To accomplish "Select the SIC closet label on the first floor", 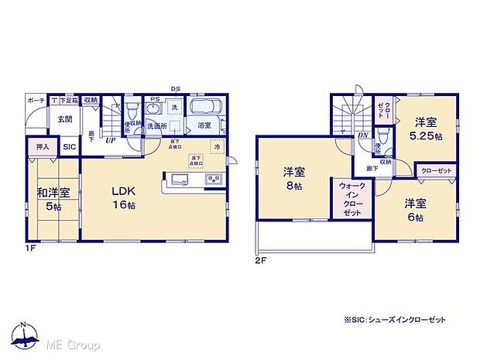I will (69, 146).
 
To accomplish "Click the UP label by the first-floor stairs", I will (111, 142).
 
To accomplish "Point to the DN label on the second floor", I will (362, 136).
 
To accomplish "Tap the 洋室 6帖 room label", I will (414, 210).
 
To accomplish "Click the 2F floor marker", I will (261, 260).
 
